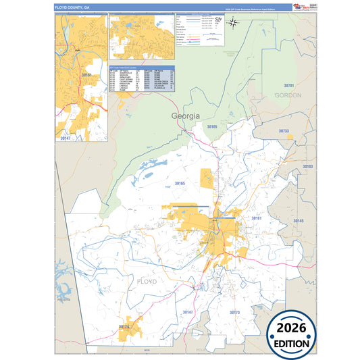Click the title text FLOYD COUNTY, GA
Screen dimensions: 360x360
tap(72, 7)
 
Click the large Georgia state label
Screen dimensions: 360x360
tap(186, 115)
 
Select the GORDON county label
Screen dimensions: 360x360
tap(288, 96)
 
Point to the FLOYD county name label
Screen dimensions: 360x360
tap(147, 280)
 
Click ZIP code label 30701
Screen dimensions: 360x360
tap(289, 86)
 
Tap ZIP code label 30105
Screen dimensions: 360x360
tap(212, 126)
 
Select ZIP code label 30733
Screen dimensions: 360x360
tap(284, 131)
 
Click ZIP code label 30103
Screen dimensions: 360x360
tap(307, 165)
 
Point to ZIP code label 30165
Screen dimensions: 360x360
tap(180, 183)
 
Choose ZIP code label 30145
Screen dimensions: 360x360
tap(299, 221)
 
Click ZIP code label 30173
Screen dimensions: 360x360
tap(235, 313)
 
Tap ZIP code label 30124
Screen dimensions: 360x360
tap(124, 327)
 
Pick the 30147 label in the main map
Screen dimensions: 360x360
tap(188, 312)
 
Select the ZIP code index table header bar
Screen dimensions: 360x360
tap(141, 68)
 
